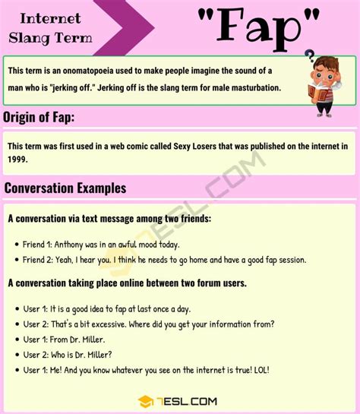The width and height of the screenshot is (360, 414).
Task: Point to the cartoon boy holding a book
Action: click(321, 83)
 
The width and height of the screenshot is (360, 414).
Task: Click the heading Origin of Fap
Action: click(39, 117)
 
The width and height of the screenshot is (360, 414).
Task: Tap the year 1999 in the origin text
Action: click(18, 160)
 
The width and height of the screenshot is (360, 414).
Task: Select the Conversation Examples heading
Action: click(65, 188)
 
